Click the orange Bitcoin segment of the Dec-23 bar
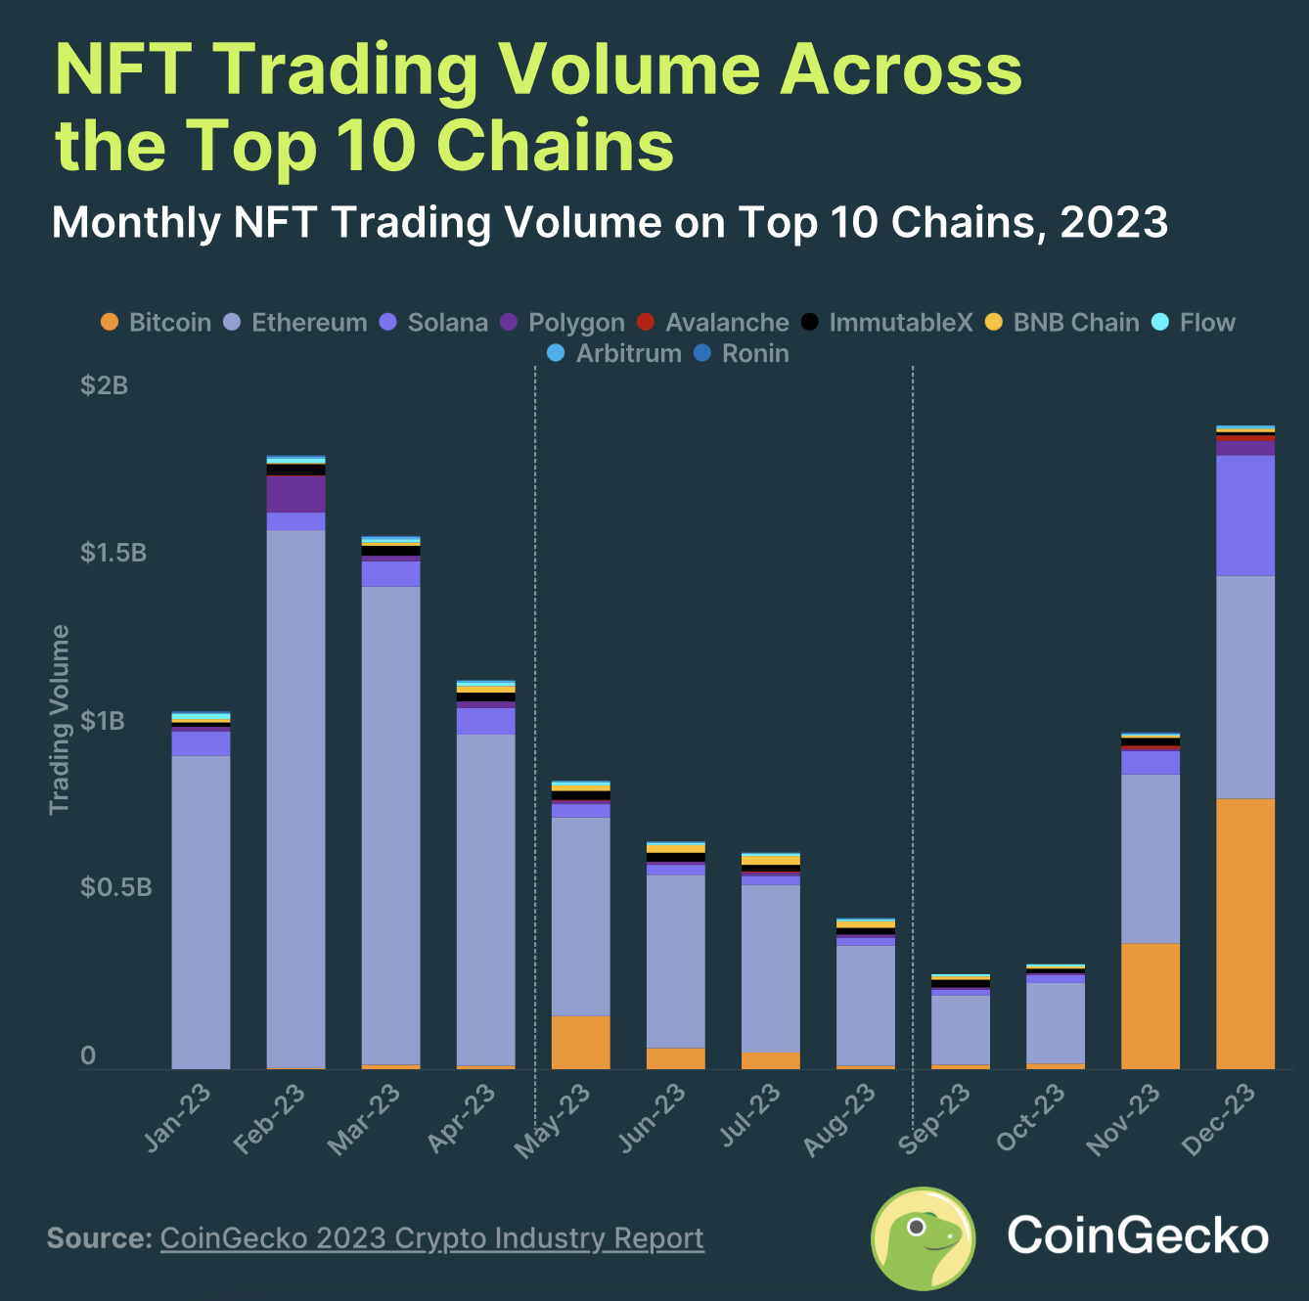(x=1245, y=933)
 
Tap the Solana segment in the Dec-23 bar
(x=1245, y=515)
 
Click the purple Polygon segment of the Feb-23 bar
(x=296, y=494)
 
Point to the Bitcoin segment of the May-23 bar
(x=581, y=1043)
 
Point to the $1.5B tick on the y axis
(x=113, y=554)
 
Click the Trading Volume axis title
(x=60, y=719)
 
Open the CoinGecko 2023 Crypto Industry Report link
(x=431, y=1238)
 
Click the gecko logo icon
(x=923, y=1237)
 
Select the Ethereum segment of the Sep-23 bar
(x=961, y=1029)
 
